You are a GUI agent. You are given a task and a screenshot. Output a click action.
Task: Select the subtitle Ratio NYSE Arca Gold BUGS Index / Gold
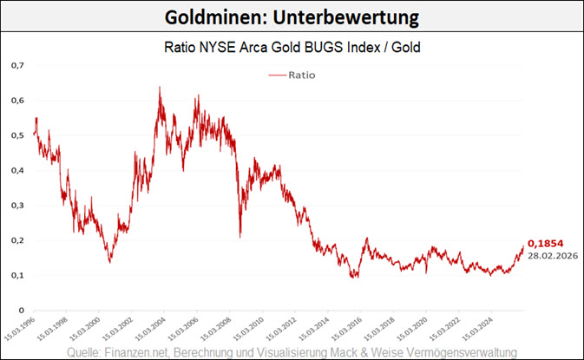tap(292, 48)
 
